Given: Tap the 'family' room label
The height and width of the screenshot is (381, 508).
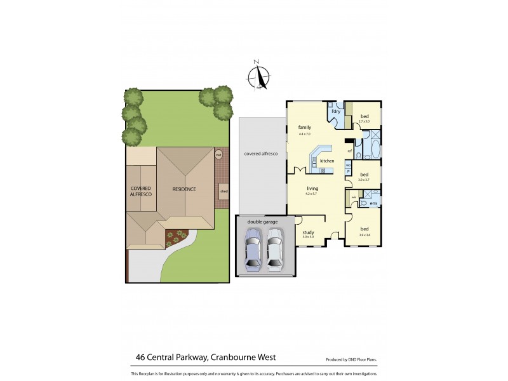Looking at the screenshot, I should click(x=304, y=128).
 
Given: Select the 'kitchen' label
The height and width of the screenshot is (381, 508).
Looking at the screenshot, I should click(x=327, y=161).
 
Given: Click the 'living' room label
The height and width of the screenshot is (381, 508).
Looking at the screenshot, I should click(x=312, y=189).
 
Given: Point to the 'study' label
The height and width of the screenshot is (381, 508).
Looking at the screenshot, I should click(x=308, y=232).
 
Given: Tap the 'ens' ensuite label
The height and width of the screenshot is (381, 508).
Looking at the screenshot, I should click(x=373, y=203).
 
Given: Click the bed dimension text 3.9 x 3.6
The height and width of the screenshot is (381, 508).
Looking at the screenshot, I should click(x=364, y=235).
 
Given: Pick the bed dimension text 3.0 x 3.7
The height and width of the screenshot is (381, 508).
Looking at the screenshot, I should click(x=364, y=180).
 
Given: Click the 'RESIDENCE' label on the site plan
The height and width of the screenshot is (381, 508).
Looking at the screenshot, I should click(x=184, y=189).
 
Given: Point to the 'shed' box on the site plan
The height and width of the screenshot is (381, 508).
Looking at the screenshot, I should click(x=224, y=190).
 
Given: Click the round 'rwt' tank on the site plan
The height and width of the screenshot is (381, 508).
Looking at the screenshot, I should click(x=218, y=154).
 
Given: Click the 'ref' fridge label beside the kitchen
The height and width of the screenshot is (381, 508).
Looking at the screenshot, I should click(x=349, y=150).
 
